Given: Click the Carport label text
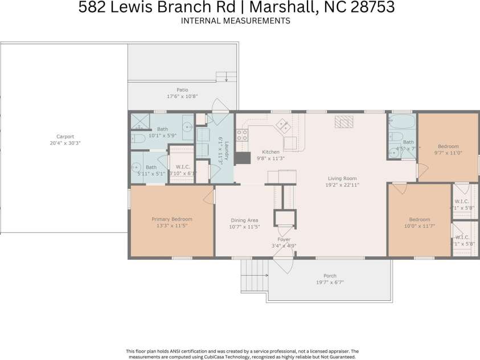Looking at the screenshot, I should [x=64, y=137].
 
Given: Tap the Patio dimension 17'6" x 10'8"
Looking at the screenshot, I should [x=182, y=97].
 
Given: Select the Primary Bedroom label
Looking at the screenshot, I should [x=171, y=219].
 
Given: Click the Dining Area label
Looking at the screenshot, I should [x=244, y=220].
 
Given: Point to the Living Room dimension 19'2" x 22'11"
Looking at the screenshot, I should [x=342, y=185].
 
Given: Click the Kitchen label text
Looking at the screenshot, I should [x=270, y=152].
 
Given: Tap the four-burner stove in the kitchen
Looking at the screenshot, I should [x=242, y=135].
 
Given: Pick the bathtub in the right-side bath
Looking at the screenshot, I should [x=403, y=121].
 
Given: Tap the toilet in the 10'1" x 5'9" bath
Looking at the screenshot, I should [x=138, y=138].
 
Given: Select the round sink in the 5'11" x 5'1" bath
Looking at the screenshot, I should [x=137, y=167].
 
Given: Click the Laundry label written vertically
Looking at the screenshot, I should [x=225, y=152].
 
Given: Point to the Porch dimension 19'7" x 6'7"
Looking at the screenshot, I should [x=330, y=282].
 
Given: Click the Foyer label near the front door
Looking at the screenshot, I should [x=284, y=239].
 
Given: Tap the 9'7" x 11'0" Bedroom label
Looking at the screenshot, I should [x=448, y=146].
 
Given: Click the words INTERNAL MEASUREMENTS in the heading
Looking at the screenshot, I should [x=236, y=21].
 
